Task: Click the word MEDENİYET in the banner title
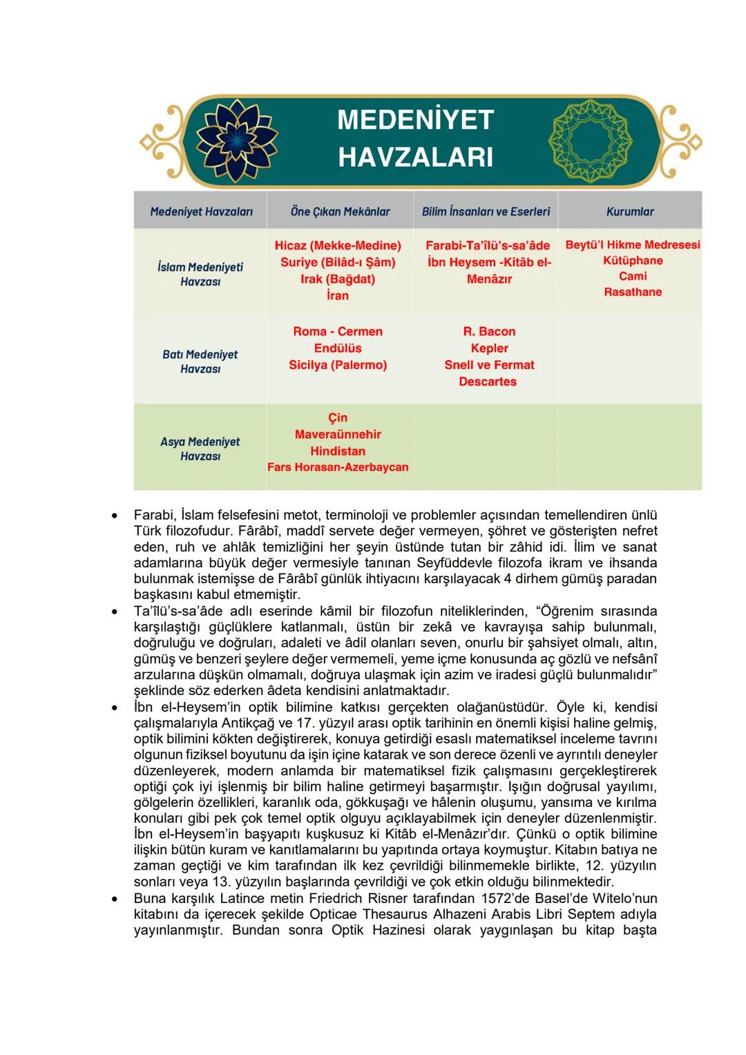(x=415, y=120)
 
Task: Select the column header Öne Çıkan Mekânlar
(x=340, y=212)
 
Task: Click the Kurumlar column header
(x=629, y=212)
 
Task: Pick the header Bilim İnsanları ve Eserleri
(x=486, y=212)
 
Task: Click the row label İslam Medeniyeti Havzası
(x=200, y=274)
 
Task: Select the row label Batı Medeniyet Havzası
(x=200, y=361)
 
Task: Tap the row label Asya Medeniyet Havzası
(x=200, y=448)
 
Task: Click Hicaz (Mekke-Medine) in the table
(x=338, y=245)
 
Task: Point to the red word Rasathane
(x=633, y=292)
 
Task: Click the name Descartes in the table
(x=488, y=381)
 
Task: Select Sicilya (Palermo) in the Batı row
(x=338, y=365)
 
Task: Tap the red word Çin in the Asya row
(x=338, y=418)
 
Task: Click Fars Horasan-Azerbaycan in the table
(x=338, y=467)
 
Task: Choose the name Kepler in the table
(x=489, y=348)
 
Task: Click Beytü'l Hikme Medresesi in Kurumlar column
(x=632, y=245)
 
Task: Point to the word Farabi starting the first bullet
(x=154, y=515)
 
